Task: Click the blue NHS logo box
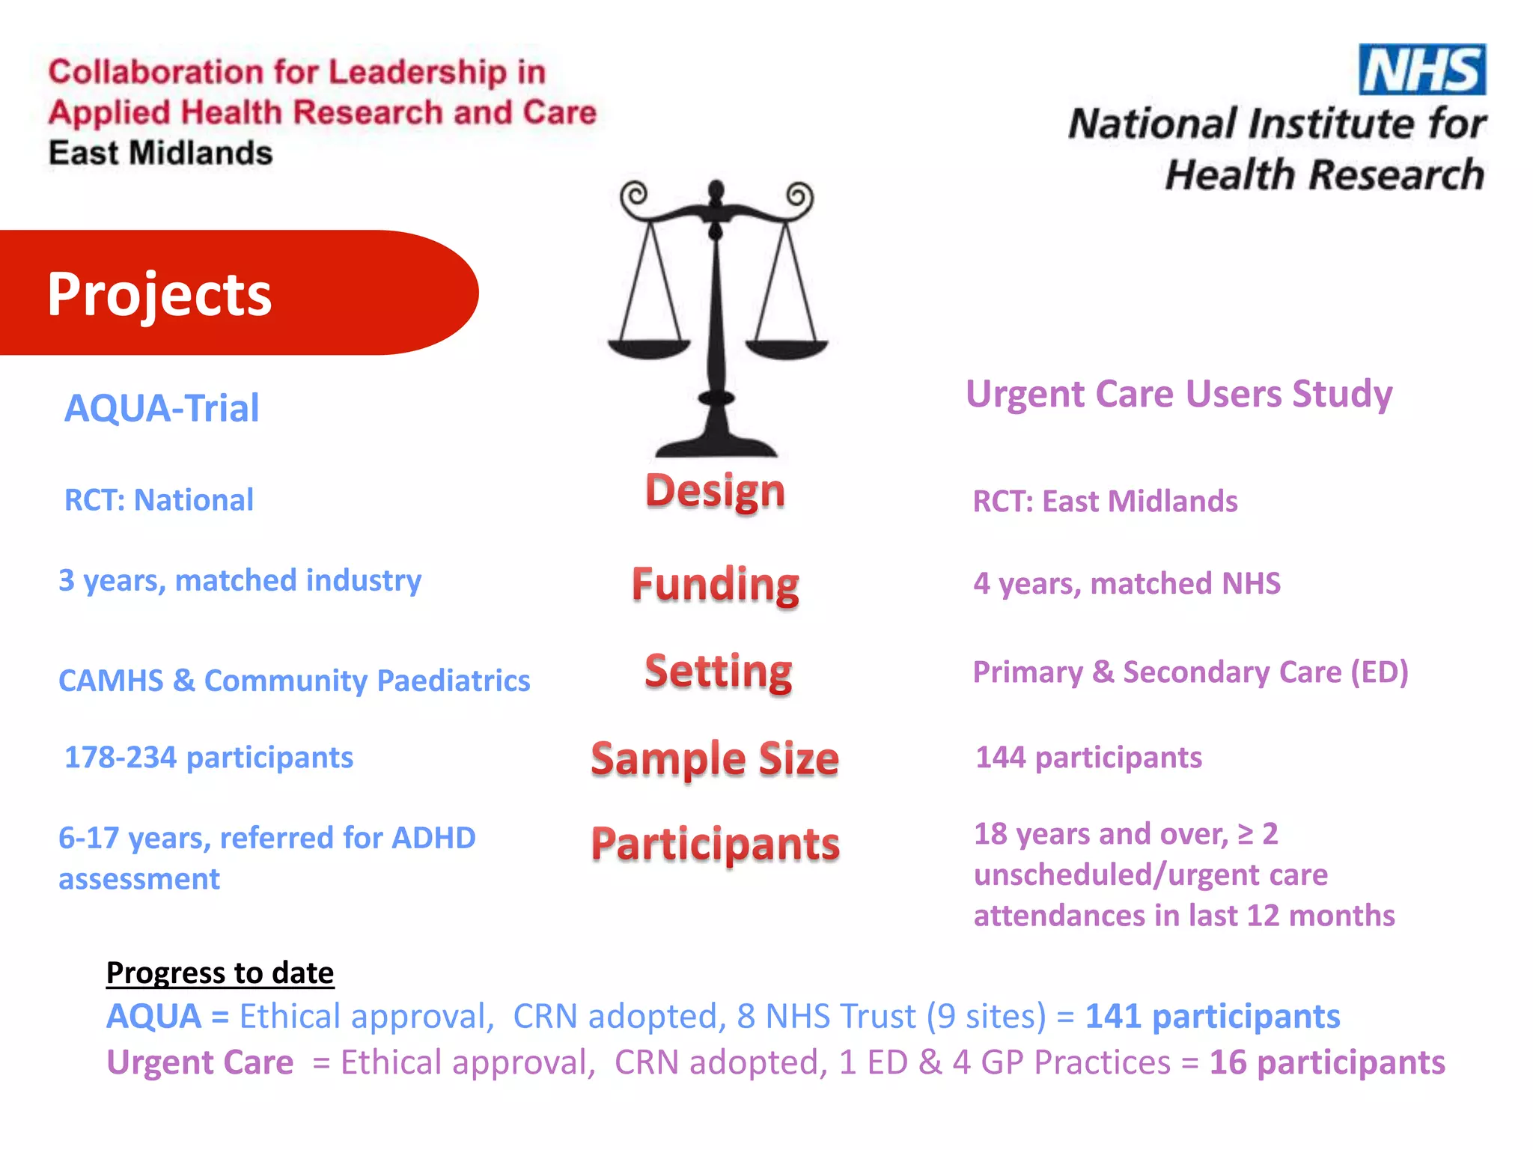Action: click(x=1422, y=70)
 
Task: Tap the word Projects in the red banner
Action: click(x=159, y=294)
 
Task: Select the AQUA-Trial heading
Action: click(x=162, y=409)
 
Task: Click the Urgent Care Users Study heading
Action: click(x=1179, y=395)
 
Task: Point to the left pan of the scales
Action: click(x=648, y=348)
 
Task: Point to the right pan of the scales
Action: click(x=787, y=348)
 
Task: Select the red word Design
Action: click(x=716, y=492)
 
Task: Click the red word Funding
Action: click(x=716, y=585)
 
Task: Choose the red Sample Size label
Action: click(x=715, y=758)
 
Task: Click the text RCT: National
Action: click(x=159, y=500)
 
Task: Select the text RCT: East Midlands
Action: click(x=1105, y=502)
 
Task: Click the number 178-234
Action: click(x=121, y=758)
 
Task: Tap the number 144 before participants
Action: click(x=1000, y=758)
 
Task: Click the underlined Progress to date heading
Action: click(x=220, y=973)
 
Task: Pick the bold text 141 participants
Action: click(x=1213, y=1017)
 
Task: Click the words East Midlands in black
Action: click(x=161, y=153)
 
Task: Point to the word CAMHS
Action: click(x=111, y=681)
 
